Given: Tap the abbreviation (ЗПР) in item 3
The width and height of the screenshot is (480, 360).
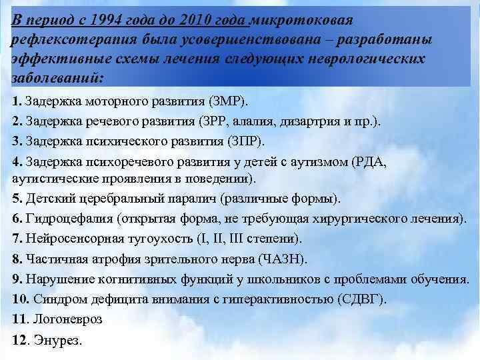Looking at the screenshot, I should (x=243, y=142).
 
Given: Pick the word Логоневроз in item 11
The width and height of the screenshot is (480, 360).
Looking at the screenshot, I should (x=67, y=319).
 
